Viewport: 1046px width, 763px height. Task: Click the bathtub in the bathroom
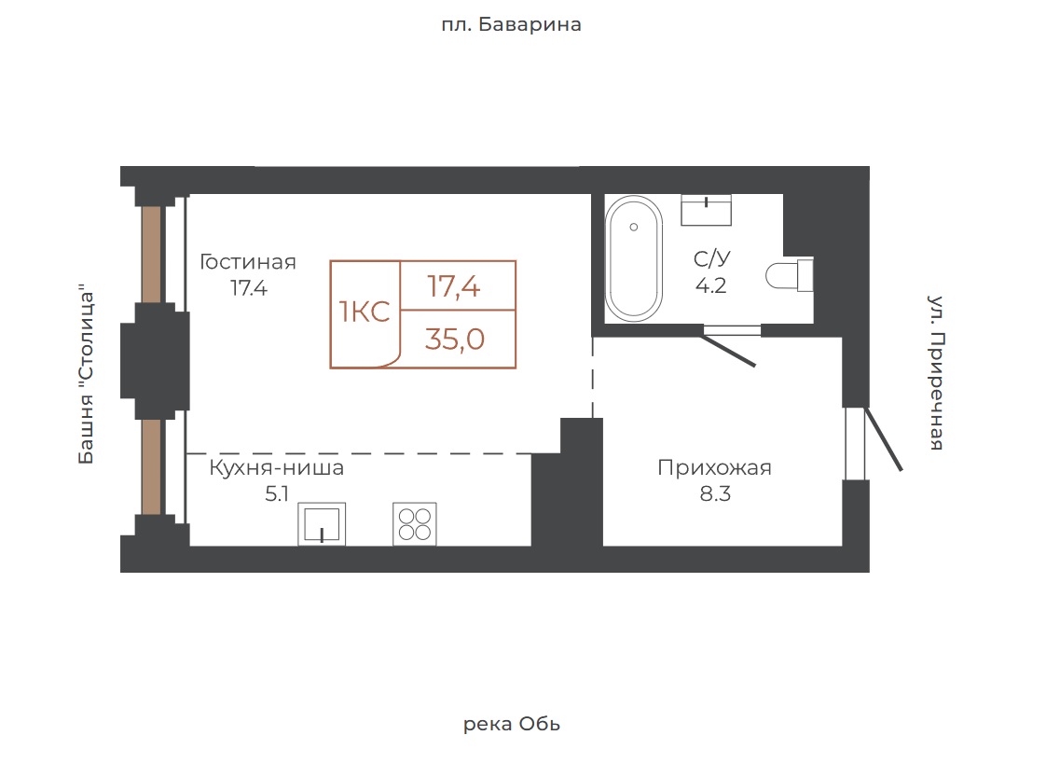[x=634, y=258]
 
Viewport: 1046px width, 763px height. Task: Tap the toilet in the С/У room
[x=790, y=275]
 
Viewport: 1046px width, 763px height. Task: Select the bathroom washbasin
[x=706, y=210]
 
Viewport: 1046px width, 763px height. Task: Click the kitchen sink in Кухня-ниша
[x=322, y=524]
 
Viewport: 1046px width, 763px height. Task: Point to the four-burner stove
[x=414, y=524]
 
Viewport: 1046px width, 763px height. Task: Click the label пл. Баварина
[x=511, y=24]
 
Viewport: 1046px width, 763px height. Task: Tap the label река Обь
[x=512, y=724]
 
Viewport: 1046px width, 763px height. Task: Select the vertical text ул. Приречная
[x=937, y=372]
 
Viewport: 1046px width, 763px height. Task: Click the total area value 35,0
[x=455, y=340]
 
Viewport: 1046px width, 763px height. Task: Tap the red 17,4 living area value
[x=454, y=286]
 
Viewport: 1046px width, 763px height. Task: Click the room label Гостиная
[x=247, y=262]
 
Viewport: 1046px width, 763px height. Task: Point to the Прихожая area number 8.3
[x=715, y=494]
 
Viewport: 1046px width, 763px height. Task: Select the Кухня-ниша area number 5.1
[x=276, y=494]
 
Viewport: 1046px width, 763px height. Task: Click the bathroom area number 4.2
[x=711, y=285]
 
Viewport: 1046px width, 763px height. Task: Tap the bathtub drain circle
[x=634, y=227]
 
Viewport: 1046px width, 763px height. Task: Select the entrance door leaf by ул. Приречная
[x=884, y=439]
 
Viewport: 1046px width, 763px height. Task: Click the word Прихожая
[x=714, y=468]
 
